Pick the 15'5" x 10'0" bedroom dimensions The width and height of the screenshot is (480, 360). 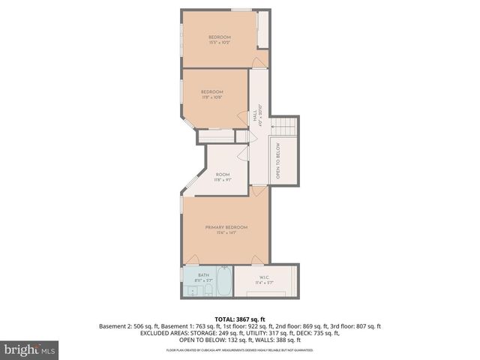point(219,43)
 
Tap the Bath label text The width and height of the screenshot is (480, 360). point(203,275)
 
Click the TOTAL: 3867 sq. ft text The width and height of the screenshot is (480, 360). point(239,319)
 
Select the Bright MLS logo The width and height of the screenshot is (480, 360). point(30,349)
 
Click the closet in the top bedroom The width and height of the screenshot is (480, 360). point(262,30)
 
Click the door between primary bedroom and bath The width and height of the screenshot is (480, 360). point(193,259)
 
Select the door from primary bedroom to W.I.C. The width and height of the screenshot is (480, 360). point(257,259)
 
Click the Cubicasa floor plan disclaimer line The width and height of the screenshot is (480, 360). point(239,349)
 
